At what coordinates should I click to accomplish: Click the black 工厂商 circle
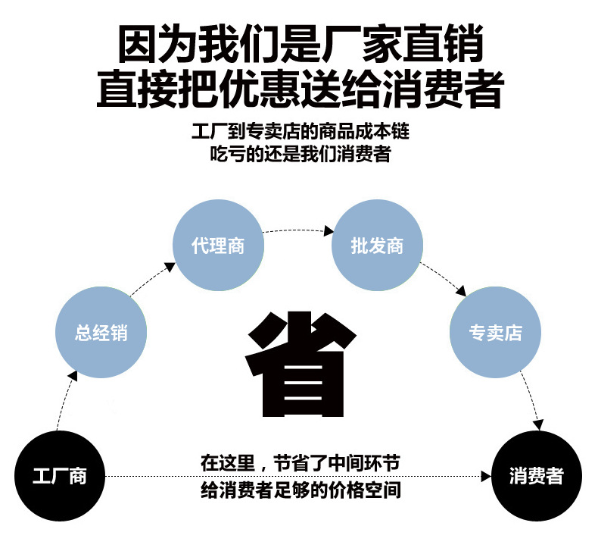60,476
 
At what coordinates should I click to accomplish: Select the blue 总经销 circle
101,333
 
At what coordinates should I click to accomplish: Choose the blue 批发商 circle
377,246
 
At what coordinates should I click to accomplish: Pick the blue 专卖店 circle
495,333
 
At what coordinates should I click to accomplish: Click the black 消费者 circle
537,476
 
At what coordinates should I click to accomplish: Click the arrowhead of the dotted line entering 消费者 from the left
486,476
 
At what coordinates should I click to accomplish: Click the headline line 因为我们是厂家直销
300,43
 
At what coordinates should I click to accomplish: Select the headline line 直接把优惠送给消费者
300,89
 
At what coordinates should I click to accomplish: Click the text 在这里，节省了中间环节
300,462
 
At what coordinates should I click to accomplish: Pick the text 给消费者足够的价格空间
300,490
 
